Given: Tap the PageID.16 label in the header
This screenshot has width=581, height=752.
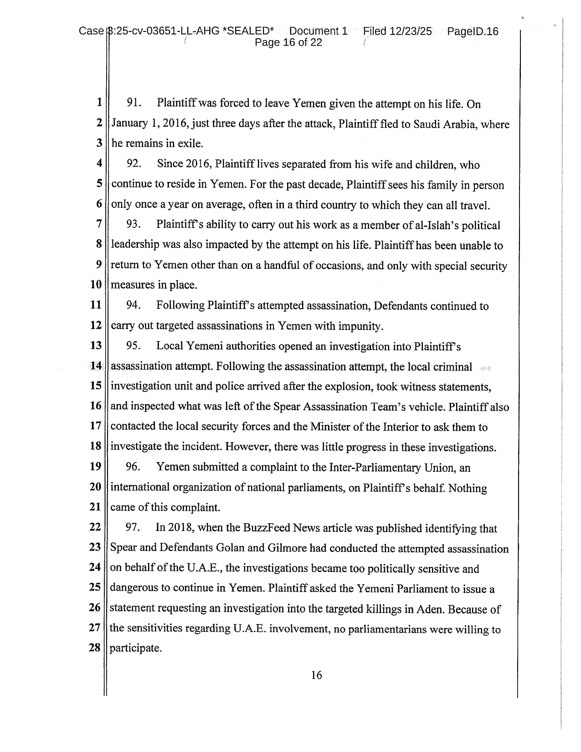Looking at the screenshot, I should click(x=473, y=31).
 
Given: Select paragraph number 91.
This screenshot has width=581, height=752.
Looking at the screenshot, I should click(x=134, y=103).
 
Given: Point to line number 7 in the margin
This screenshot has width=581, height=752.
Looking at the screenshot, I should click(x=98, y=224).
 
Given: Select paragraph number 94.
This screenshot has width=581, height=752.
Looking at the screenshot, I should click(x=133, y=305).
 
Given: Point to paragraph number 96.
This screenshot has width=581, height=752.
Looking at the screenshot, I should click(x=133, y=467).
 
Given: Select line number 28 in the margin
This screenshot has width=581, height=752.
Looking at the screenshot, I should click(x=94, y=647).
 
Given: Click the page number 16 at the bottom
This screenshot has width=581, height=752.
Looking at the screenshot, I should click(x=316, y=675).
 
